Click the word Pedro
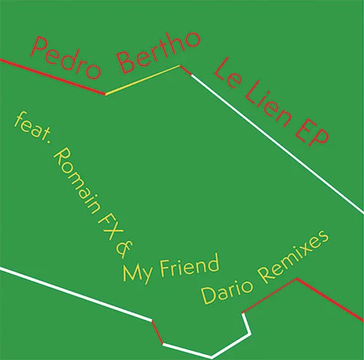pyautogui.click(x=66, y=58)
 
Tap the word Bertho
pyautogui.click(x=159, y=52)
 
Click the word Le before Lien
pyautogui.click(x=228, y=73)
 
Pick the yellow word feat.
pyautogui.click(x=32, y=127)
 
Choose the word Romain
pyautogui.click(x=76, y=180)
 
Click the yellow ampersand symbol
pyautogui.click(x=124, y=249)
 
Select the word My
pyautogui.click(x=138, y=273)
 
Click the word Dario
pyautogui.click(x=227, y=292)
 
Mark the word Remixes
pyautogui.click(x=293, y=257)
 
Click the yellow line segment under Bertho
pyautogui.click(x=143, y=80)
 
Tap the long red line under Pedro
pyautogui.click(x=52, y=76)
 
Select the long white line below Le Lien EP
pyautogui.click(x=277, y=144)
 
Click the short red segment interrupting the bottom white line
pyautogui.click(x=157, y=332)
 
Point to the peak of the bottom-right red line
pyautogui.click(x=297, y=279)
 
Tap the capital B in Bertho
pyautogui.click(x=125, y=63)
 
